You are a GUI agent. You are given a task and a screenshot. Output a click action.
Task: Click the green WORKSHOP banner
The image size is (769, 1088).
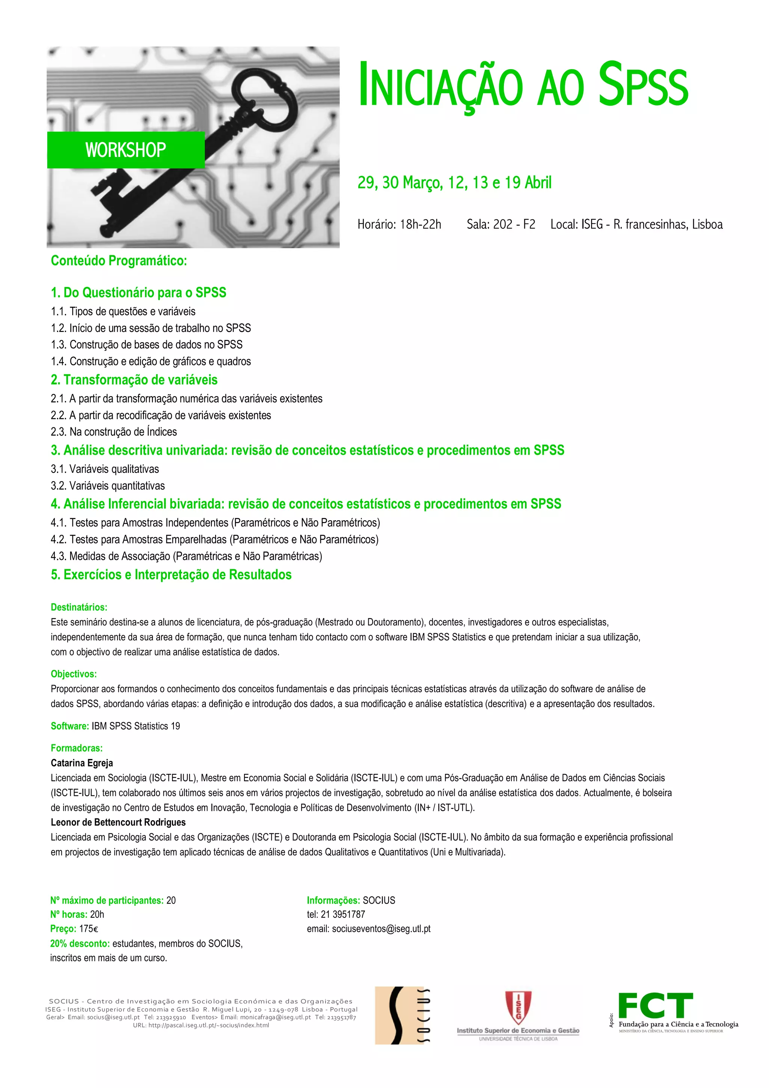click(125, 150)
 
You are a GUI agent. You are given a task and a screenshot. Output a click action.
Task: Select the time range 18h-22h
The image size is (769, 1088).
click(420, 224)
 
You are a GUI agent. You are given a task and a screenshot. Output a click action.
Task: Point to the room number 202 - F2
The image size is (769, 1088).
click(514, 224)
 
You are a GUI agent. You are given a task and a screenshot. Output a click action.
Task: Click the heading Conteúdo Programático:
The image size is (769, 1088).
click(119, 261)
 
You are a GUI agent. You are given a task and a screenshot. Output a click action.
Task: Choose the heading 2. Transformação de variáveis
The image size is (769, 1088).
click(134, 380)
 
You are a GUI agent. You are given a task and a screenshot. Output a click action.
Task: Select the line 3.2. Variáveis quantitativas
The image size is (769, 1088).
click(107, 486)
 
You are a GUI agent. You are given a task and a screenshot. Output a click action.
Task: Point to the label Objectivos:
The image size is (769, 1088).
click(74, 673)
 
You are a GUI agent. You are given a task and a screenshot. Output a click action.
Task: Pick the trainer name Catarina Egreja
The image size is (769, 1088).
click(82, 763)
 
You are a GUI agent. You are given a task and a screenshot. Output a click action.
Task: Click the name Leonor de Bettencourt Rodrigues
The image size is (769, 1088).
click(118, 822)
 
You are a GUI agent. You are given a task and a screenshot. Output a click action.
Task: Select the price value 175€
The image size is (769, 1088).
click(89, 929)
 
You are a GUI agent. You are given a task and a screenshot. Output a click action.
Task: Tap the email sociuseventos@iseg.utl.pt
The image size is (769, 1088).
click(381, 929)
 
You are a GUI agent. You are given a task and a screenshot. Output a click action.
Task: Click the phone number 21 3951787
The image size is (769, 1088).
click(343, 914)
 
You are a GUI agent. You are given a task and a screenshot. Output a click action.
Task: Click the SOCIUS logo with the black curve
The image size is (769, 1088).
click(402, 1016)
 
